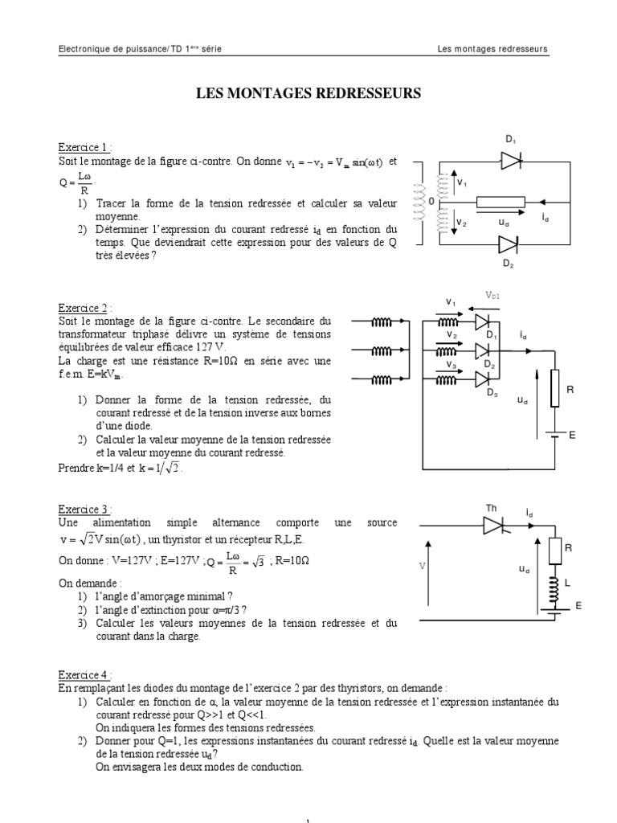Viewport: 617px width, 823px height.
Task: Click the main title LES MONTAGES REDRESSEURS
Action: [x=308, y=94]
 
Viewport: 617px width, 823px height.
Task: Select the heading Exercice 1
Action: [x=83, y=148]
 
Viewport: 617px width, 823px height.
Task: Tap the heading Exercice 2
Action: [x=83, y=308]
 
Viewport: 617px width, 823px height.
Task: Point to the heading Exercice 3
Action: [x=83, y=510]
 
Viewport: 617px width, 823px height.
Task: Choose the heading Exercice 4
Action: [x=83, y=675]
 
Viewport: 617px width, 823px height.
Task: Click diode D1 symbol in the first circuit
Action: [x=511, y=161]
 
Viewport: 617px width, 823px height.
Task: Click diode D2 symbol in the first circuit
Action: [x=508, y=244]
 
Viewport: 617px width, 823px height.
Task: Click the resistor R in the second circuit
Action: [x=554, y=389]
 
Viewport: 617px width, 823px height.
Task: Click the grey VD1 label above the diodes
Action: [x=492, y=296]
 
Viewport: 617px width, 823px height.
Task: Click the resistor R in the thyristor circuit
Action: [x=554, y=551]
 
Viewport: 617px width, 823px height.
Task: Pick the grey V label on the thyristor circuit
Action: [x=421, y=566]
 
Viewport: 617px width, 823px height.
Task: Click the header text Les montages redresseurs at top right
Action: [x=492, y=49]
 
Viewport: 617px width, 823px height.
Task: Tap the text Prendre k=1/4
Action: [x=89, y=468]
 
